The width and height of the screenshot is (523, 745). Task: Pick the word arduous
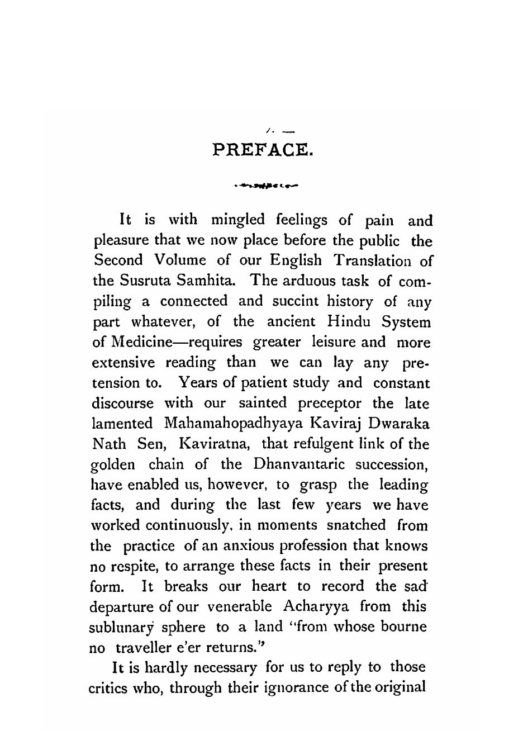click(x=299, y=281)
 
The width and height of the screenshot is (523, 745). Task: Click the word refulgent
click(x=315, y=444)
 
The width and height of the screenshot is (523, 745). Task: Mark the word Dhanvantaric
click(x=301, y=464)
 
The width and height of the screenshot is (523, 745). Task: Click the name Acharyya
click(x=315, y=606)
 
